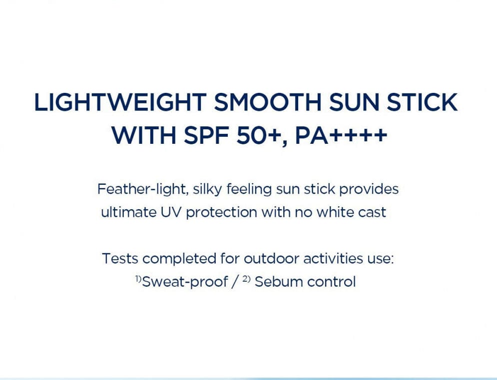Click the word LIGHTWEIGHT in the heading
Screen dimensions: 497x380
(x=120, y=102)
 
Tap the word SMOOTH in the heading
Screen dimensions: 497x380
(x=268, y=102)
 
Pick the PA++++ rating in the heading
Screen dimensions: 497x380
(x=341, y=135)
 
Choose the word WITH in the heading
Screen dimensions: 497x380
(x=143, y=135)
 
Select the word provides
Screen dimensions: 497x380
(x=369, y=190)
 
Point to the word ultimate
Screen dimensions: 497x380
(x=129, y=212)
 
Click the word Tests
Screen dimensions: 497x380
(x=120, y=259)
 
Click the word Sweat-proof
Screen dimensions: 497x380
(x=185, y=282)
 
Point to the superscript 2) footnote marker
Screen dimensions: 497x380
(x=247, y=279)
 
